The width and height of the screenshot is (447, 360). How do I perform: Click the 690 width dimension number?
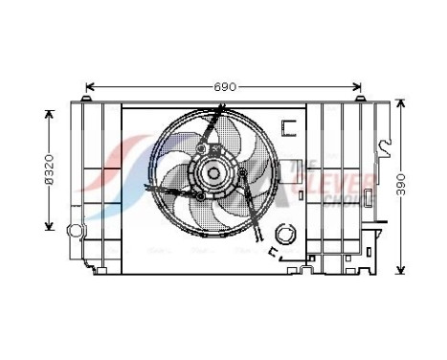click(x=224, y=87)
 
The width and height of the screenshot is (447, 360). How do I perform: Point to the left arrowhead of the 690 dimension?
click(x=89, y=87)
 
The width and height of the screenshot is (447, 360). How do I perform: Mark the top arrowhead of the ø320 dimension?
click(x=48, y=112)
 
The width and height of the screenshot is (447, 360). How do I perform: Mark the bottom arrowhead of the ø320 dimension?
click(x=48, y=229)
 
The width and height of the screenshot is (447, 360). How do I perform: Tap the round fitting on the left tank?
click(x=73, y=231)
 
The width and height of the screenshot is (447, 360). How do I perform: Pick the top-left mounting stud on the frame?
click(x=88, y=100)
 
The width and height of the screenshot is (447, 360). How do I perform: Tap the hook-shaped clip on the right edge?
click(x=385, y=148)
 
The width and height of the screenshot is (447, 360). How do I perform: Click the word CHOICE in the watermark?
click(x=341, y=199)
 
